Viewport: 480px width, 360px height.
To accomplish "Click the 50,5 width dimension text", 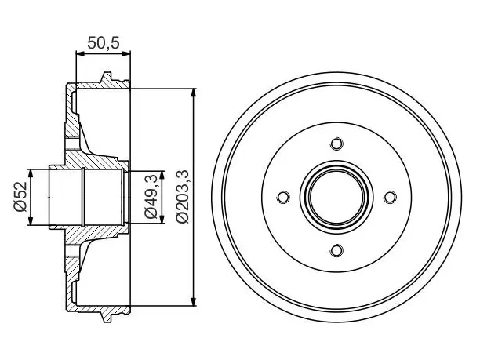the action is pyautogui.click(x=104, y=43).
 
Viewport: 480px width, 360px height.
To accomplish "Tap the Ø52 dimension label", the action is pyautogui.click(x=21, y=197).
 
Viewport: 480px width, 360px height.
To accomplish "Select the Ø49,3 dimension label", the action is pyautogui.click(x=151, y=196).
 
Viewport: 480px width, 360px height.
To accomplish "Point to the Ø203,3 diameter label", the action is pyautogui.click(x=184, y=197).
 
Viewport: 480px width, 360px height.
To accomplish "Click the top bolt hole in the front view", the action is pyautogui.click(x=336, y=144).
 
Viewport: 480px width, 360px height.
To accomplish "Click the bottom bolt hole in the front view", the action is pyautogui.click(x=336, y=251).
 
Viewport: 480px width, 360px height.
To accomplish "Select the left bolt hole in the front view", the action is pyautogui.click(x=283, y=197).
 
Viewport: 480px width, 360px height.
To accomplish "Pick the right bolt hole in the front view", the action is pyautogui.click(x=390, y=197).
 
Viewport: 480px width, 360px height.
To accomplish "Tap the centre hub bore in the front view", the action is pyautogui.click(x=336, y=197).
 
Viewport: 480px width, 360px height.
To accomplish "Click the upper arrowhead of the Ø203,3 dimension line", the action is pyautogui.click(x=194, y=93).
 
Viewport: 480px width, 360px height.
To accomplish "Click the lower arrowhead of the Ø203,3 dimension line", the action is pyautogui.click(x=194, y=301).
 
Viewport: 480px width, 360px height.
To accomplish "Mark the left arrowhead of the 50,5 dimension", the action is pyautogui.click(x=80, y=54).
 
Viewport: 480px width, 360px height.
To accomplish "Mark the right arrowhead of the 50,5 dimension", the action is pyautogui.click(x=126, y=54).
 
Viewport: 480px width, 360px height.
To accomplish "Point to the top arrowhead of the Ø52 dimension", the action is pyautogui.click(x=31, y=173).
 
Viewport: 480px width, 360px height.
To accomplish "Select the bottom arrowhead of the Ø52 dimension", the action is pyautogui.click(x=31, y=220).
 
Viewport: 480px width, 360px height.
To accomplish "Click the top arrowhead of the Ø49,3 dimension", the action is pyautogui.click(x=162, y=175).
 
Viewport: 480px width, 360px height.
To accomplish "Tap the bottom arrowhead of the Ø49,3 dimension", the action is pyautogui.click(x=162, y=219).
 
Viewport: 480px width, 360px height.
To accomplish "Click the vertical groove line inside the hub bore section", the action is pyautogui.click(x=83, y=198).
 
